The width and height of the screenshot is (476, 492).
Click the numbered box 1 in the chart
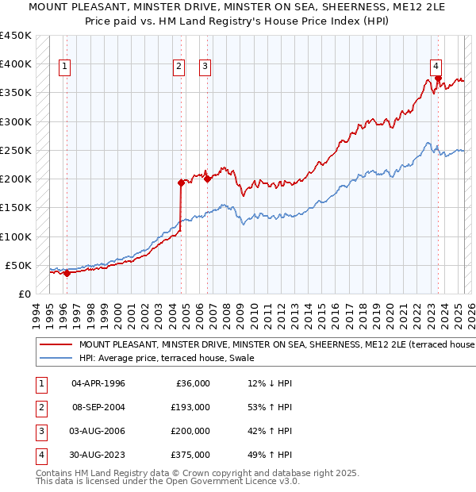pyautogui.click(x=64, y=67)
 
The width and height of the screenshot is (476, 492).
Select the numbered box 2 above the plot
pyautogui.click(x=179, y=67)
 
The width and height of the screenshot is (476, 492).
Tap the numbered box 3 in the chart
pyautogui.click(x=205, y=67)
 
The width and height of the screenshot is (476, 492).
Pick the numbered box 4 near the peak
pyautogui.click(x=436, y=67)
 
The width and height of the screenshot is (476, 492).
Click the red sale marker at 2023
pyautogui.click(x=438, y=78)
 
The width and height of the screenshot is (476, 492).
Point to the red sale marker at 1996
pyautogui.click(x=67, y=273)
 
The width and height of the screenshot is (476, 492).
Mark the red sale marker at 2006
pyautogui.click(x=207, y=179)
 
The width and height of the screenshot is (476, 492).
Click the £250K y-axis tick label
pyautogui.click(x=16, y=150)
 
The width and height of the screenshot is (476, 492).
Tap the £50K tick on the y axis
pyautogui.click(x=19, y=265)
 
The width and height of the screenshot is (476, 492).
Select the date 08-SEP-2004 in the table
pyautogui.click(x=98, y=407)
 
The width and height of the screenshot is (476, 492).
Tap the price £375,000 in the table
pyautogui.click(x=191, y=455)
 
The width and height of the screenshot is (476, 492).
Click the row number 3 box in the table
pyautogui.click(x=39, y=431)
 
